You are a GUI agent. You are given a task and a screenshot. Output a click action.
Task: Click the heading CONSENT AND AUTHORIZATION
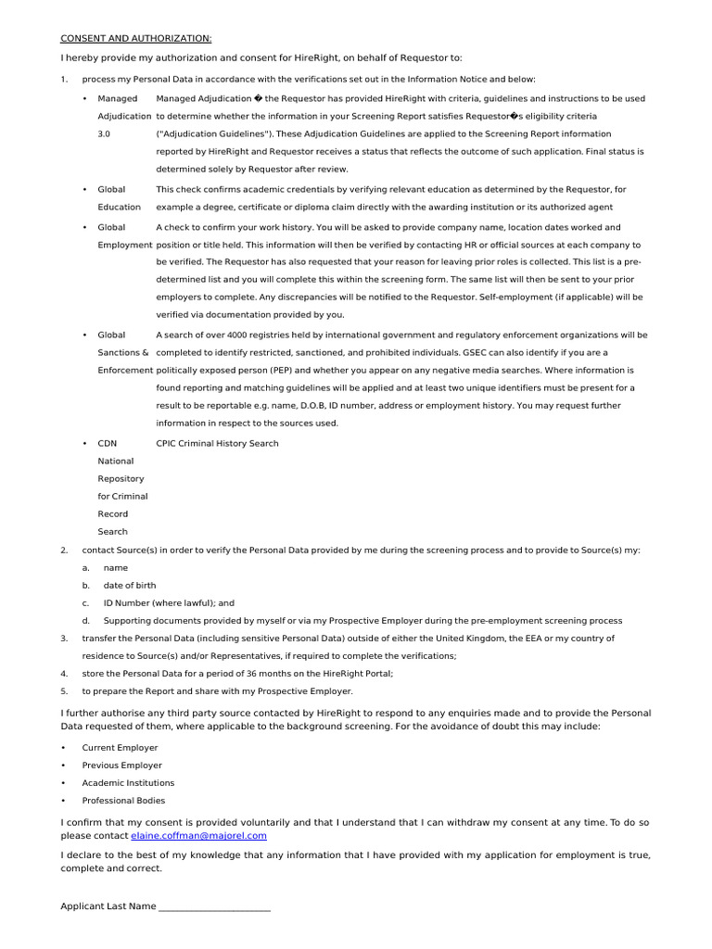[x=135, y=38]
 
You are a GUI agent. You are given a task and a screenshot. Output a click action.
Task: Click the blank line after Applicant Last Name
[x=214, y=906]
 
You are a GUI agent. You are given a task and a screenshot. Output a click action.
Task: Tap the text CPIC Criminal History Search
[x=217, y=443]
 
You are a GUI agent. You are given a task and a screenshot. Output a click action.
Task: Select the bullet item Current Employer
[x=120, y=747]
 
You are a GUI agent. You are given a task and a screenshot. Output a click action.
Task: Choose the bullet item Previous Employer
[x=121, y=765]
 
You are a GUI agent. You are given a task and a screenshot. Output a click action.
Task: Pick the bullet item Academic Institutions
[x=128, y=782]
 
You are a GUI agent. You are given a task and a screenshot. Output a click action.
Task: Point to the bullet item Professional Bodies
[x=123, y=800]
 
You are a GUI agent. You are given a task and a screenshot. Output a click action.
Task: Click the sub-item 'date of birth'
[x=130, y=585]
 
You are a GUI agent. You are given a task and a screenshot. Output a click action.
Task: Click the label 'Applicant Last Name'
[x=108, y=906]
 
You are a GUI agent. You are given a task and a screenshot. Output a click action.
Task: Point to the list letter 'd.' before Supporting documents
[x=85, y=620]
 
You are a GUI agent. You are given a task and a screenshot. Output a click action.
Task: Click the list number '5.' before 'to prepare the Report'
[x=64, y=690]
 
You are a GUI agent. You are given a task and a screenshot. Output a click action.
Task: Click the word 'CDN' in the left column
[x=108, y=443]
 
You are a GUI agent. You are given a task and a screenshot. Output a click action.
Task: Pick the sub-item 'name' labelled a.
[x=116, y=567]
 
